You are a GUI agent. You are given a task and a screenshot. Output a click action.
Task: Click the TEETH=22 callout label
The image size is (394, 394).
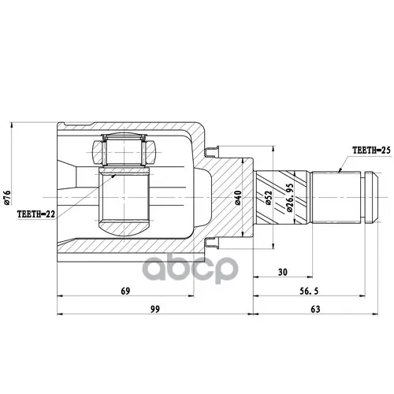click(36, 214)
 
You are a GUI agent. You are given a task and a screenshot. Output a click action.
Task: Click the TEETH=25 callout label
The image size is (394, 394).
click(371, 151)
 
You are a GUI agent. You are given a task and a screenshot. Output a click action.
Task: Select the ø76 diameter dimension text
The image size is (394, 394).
click(7, 198)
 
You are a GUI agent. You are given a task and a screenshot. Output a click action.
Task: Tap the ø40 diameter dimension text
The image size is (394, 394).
click(238, 198)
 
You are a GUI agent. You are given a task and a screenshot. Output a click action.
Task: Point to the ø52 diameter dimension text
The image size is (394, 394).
click(268, 198)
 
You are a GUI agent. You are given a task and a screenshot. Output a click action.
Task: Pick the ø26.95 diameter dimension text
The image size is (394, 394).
click(289, 198)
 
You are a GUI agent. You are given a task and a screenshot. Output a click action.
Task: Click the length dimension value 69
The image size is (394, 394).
click(125, 291)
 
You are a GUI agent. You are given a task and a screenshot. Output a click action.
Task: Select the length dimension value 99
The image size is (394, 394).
click(154, 309)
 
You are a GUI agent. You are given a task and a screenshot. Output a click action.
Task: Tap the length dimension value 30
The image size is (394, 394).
click(283, 272)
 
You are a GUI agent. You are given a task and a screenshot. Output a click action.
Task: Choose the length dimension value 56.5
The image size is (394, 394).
click(309, 291)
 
